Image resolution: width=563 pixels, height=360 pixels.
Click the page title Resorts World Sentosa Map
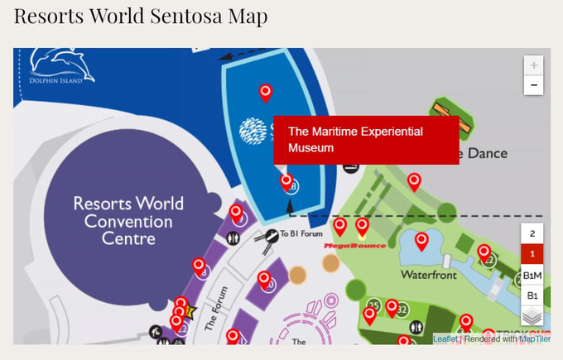pyautogui.click(x=141, y=16)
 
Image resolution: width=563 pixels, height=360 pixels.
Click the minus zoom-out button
pyautogui.click(x=534, y=85)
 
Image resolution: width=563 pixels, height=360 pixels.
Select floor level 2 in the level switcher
pyautogui.click(x=532, y=233)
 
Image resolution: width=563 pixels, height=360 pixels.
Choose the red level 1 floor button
pyautogui.click(x=532, y=254)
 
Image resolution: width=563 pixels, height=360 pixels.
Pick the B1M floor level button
pyautogui.click(x=532, y=275)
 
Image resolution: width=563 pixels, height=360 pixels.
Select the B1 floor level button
pyautogui.click(x=532, y=295)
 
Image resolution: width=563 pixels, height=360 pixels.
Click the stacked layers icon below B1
pyautogui.click(x=532, y=314)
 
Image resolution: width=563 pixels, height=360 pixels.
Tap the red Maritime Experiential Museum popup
pyautogui.click(x=366, y=140)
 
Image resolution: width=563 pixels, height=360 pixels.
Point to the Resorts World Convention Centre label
pyautogui.click(x=128, y=220)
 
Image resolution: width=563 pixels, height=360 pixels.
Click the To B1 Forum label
pyautogui.click(x=300, y=233)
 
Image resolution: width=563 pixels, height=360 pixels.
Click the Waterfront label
pyautogui.click(x=428, y=274)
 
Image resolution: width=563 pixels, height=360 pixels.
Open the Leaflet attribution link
pyautogui.click(x=445, y=338)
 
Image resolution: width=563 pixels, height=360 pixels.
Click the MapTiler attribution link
pyautogui.click(x=535, y=338)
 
